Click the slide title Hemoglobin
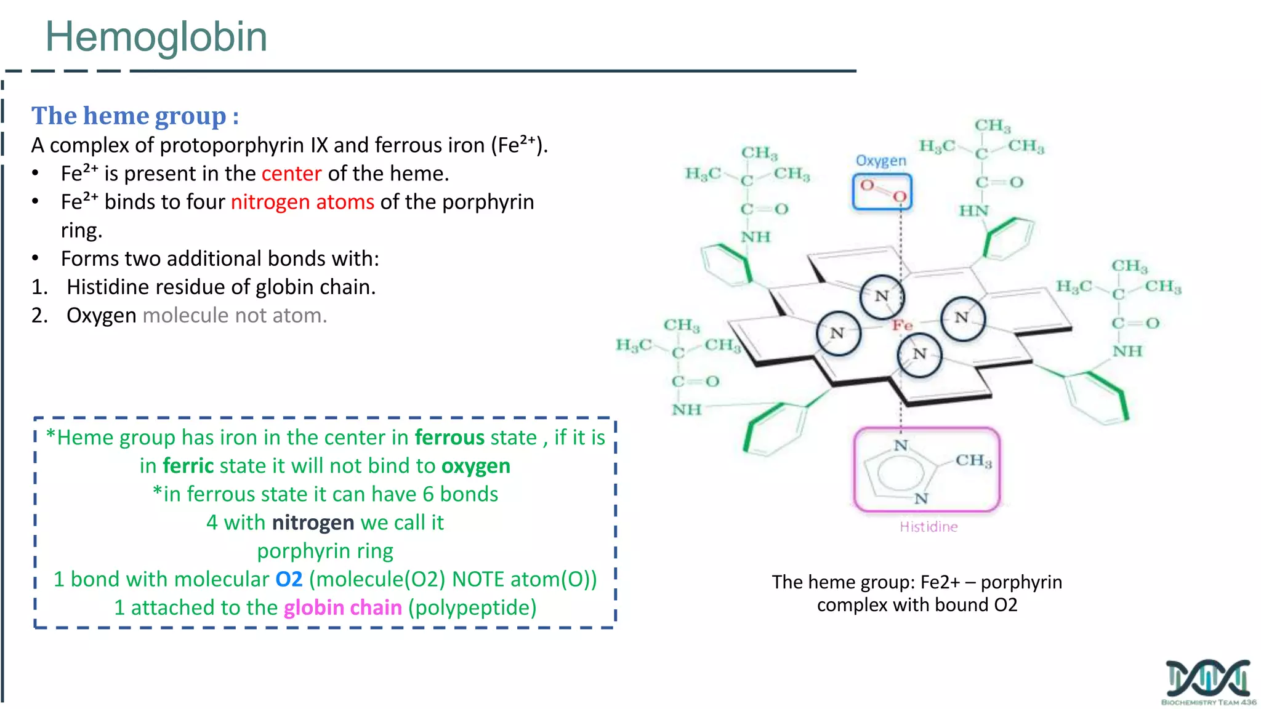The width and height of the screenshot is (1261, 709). point(156,37)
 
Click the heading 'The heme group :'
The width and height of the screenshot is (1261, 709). point(135,116)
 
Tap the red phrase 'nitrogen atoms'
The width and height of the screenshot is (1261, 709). point(302,202)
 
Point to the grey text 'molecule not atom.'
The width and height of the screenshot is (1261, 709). point(235,315)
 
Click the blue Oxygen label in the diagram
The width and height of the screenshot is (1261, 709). point(881,161)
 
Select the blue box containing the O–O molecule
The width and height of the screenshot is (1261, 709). point(882,191)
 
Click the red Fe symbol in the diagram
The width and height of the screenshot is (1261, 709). point(903,325)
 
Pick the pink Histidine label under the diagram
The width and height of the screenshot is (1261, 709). point(929,527)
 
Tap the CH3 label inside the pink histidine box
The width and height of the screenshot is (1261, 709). point(973,460)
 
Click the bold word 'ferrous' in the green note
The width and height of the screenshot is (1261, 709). point(449,438)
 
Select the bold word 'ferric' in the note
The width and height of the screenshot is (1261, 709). point(188,466)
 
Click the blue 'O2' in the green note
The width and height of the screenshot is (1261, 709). point(289,579)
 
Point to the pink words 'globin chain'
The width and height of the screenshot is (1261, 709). point(342,607)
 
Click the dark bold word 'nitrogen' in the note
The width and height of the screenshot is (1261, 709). point(313,523)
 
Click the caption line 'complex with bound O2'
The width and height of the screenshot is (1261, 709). point(917,605)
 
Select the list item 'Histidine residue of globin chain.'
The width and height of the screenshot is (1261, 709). point(221,287)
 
